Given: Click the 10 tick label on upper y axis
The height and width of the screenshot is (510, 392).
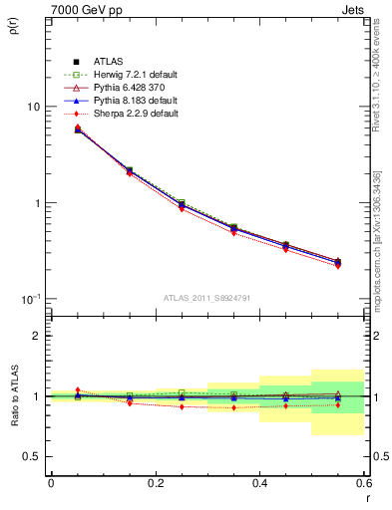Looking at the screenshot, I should [x=33, y=107].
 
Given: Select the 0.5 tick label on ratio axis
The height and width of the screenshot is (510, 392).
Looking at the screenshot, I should [x=32, y=456].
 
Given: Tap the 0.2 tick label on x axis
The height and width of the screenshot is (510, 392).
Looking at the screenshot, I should [x=155, y=483].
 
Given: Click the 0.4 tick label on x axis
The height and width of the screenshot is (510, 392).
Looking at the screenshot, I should [x=259, y=483].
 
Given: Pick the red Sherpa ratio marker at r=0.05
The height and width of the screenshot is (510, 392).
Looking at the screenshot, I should [x=77, y=389].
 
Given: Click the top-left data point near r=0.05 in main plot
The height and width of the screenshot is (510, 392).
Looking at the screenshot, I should [x=77, y=128].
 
